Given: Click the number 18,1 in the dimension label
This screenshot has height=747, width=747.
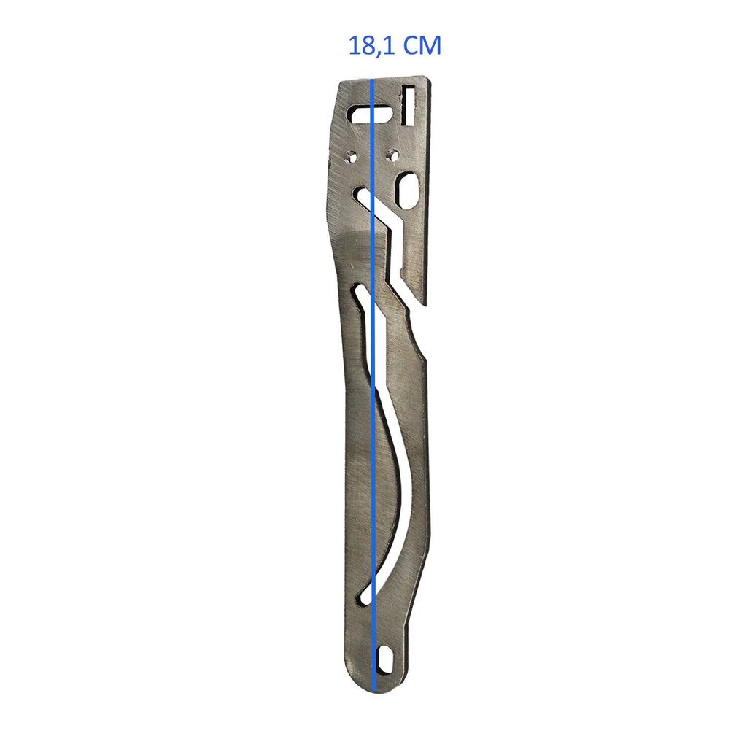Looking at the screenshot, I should [373, 47].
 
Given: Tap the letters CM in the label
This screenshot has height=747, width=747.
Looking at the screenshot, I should [423, 46].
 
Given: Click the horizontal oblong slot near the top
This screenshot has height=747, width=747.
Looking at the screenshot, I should [370, 114].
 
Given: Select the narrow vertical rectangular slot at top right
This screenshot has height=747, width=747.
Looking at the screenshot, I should [409, 104].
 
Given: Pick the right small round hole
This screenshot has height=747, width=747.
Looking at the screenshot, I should [392, 154].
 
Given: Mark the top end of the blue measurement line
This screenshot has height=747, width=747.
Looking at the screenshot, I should [373, 80].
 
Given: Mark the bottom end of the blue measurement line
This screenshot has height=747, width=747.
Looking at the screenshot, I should [373, 689].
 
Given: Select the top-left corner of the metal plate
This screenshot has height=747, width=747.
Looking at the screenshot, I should [341, 82].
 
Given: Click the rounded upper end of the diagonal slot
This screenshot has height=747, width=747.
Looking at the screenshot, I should [360, 193].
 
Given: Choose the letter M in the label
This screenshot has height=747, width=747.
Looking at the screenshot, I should [431, 47].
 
